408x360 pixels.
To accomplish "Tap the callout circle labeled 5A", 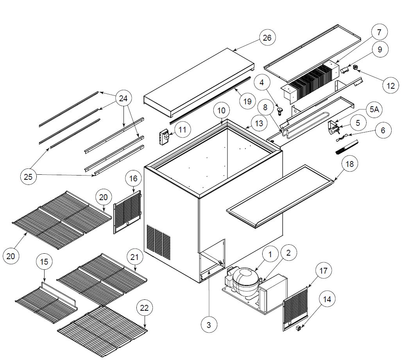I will (x=374, y=110).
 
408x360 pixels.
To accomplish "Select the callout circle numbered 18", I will (x=349, y=164).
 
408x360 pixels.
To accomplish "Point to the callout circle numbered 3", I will (x=209, y=324).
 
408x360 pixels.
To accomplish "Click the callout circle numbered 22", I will (x=144, y=308).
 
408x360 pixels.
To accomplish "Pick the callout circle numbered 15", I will (x=44, y=262).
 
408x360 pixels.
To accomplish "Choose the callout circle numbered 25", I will (x=28, y=177).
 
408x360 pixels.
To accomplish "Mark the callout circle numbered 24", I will (x=123, y=99).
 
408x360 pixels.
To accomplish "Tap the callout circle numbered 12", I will (x=391, y=85).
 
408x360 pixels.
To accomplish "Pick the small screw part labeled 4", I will (x=279, y=111).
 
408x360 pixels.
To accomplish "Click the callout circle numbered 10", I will (x=222, y=111).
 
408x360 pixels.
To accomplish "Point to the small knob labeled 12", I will (x=356, y=67).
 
